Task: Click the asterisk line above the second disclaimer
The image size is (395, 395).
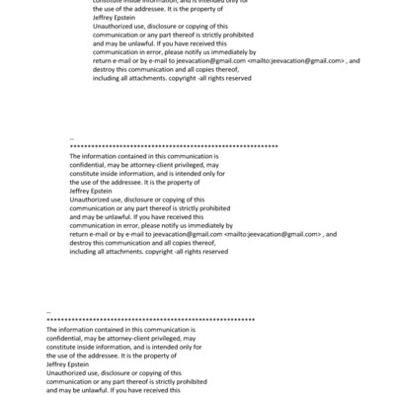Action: [174, 145]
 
